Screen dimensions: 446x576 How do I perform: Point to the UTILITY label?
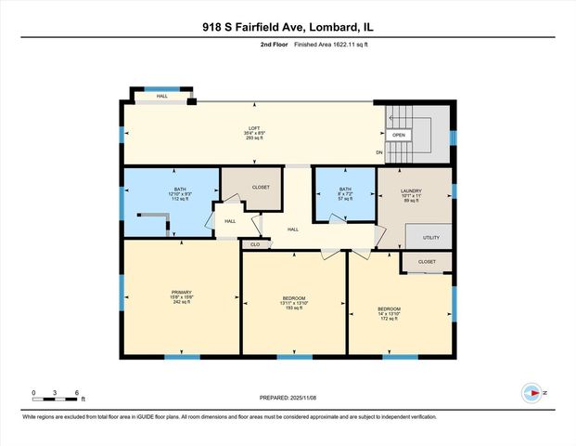429,238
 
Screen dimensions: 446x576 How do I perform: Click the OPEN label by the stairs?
399,135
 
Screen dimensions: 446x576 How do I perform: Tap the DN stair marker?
378,152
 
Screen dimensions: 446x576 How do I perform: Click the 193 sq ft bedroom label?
291,301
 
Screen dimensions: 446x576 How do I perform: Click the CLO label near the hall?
254,244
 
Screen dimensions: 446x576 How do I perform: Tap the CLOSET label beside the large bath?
261,187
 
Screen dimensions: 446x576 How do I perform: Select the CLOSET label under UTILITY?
427,262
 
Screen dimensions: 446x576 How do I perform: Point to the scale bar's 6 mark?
76,393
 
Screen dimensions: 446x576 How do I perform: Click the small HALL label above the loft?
161,97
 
